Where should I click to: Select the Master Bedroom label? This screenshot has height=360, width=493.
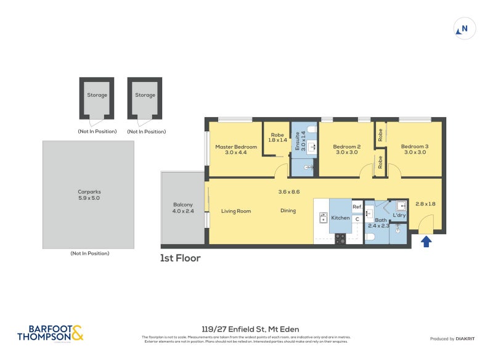[x=235, y=150]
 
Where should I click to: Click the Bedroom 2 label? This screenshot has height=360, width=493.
[x=346, y=149]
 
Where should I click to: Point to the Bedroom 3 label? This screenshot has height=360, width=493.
[x=414, y=149]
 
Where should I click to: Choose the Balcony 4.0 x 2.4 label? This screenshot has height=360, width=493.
[x=182, y=208]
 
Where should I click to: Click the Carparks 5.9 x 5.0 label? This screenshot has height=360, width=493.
[x=89, y=195]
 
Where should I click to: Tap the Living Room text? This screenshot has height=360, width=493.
[x=236, y=211]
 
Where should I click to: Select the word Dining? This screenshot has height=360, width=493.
[x=288, y=211]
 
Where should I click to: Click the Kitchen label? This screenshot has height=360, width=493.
[x=340, y=218]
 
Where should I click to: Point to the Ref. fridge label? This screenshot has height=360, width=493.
[x=357, y=207]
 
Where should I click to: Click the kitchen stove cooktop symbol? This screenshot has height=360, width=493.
[x=340, y=238]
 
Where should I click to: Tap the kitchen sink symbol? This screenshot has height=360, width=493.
[x=322, y=218]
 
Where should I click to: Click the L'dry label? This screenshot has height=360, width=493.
[x=399, y=215]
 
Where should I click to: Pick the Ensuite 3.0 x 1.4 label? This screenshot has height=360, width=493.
[x=299, y=142]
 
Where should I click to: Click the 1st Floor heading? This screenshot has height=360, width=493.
[x=180, y=258]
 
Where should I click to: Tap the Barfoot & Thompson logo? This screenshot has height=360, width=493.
[x=50, y=333]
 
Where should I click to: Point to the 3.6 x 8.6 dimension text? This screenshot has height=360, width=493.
[x=288, y=192]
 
